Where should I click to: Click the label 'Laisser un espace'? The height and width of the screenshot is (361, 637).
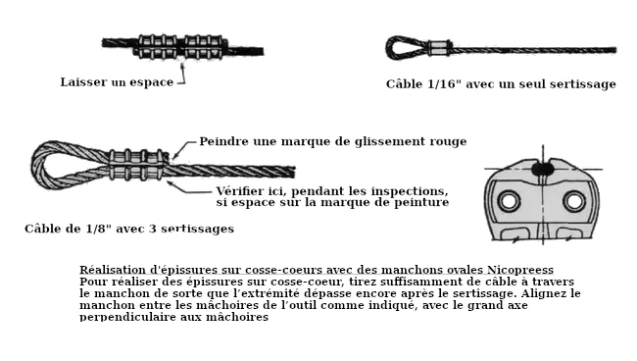[117, 82]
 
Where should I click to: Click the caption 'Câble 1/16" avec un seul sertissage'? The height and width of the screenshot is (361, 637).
[501, 84]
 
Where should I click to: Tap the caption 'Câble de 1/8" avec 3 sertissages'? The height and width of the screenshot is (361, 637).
[129, 229]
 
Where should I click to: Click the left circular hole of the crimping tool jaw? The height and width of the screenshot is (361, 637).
[509, 201]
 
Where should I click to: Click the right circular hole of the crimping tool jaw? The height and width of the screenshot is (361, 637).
[574, 201]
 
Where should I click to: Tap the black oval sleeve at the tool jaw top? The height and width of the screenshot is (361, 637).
[543, 168]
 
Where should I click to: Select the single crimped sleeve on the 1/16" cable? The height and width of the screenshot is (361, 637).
[440, 48]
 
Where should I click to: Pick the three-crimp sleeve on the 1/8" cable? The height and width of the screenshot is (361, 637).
[138, 165]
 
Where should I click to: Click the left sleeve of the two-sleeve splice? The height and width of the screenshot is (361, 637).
[157, 47]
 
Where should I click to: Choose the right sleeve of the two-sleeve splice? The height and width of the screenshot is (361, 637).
[204, 47]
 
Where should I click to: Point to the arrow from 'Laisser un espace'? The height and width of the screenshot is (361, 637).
[182, 74]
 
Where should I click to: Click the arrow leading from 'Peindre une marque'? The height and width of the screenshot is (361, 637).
[183, 148]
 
